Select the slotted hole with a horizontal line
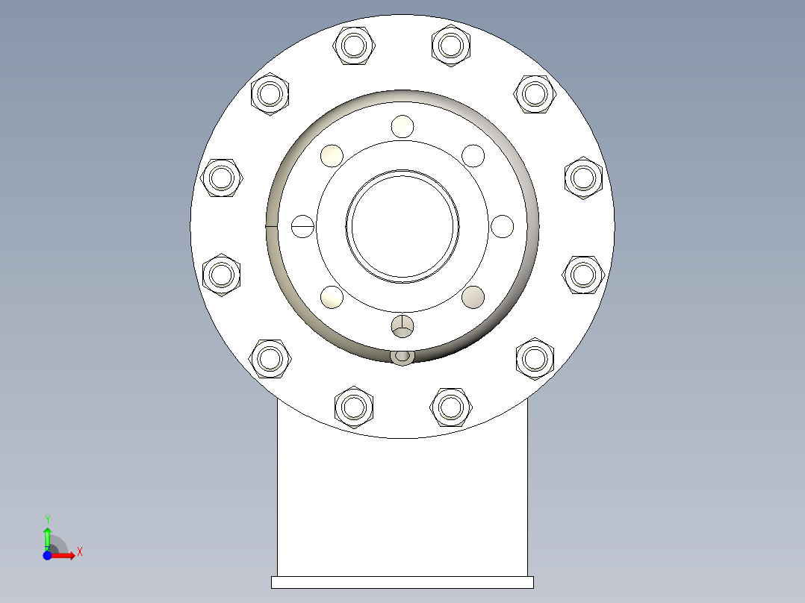302,225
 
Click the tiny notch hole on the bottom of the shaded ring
402,357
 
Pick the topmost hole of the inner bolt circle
402,126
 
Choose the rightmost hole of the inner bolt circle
503,225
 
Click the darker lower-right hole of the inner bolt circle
473,297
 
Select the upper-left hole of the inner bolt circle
332,155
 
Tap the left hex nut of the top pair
354,46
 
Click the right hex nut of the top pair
451,46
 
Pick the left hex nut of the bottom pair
354,407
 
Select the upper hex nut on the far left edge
223,178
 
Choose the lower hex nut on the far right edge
583,275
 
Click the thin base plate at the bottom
402,582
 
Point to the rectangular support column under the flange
402,507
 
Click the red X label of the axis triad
80,552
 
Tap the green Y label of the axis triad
47,519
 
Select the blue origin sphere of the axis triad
47,555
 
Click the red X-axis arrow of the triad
65,555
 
